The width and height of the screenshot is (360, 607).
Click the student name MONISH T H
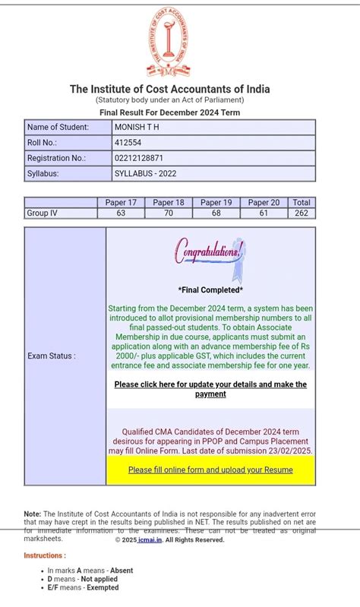click(x=137, y=127)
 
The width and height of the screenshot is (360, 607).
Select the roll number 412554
click(x=128, y=142)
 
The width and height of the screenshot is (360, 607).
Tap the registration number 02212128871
click(x=138, y=158)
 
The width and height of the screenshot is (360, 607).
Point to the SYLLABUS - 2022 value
click(x=145, y=173)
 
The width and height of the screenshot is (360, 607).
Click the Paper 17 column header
click(x=121, y=203)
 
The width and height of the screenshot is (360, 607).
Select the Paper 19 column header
click(x=216, y=203)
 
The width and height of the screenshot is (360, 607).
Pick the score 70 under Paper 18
click(x=169, y=213)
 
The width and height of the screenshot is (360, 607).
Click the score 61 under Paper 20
click(x=264, y=213)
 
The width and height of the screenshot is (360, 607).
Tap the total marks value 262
click(x=302, y=213)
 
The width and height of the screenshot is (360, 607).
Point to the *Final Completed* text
click(x=210, y=290)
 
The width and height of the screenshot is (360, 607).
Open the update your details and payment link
click(x=210, y=389)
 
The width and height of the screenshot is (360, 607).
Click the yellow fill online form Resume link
click(x=210, y=470)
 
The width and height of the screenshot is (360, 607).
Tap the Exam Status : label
click(x=52, y=356)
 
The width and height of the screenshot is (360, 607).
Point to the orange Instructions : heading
click(x=45, y=556)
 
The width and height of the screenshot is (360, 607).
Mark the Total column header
click(x=302, y=203)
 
